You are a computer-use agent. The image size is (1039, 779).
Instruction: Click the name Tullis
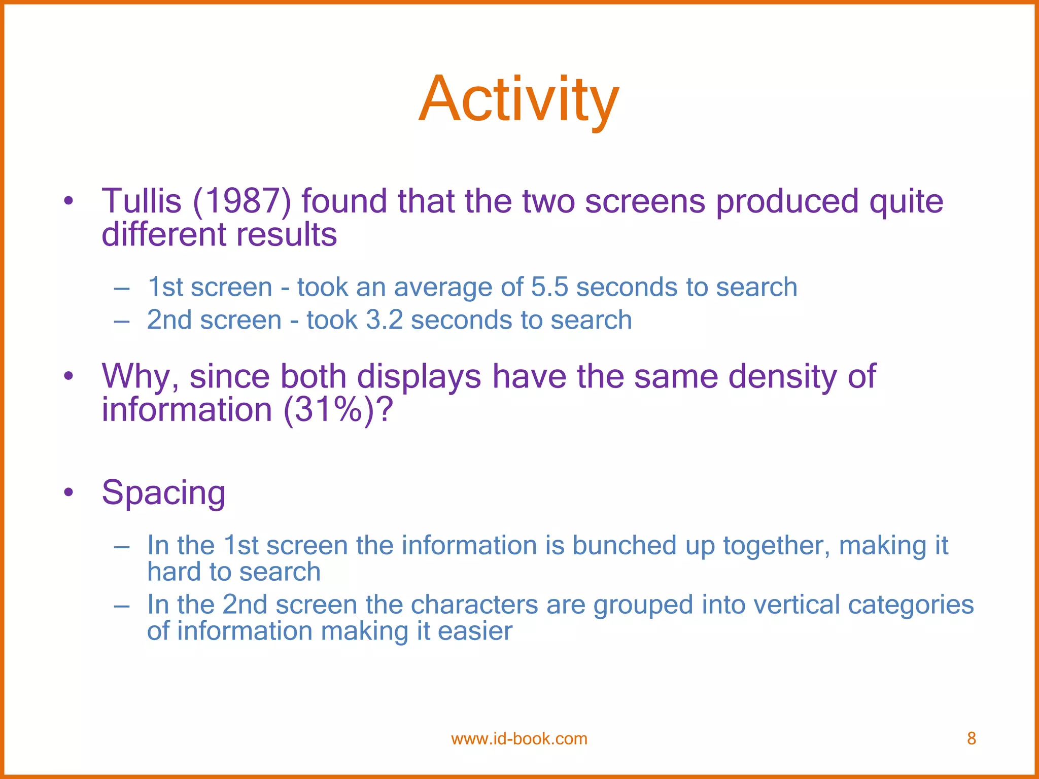coord(142,201)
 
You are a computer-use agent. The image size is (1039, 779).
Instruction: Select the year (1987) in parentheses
coord(242,201)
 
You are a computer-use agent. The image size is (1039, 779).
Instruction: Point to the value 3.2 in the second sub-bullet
coord(384,321)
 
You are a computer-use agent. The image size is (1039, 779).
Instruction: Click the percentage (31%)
coord(332,410)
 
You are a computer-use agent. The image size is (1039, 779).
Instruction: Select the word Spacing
coord(163,493)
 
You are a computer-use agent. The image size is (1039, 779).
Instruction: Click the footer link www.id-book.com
coord(519,738)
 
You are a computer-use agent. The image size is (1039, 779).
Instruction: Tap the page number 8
coord(971,738)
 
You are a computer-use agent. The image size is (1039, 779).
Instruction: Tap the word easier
coord(475,631)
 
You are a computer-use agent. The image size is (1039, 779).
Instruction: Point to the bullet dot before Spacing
coord(69,492)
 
